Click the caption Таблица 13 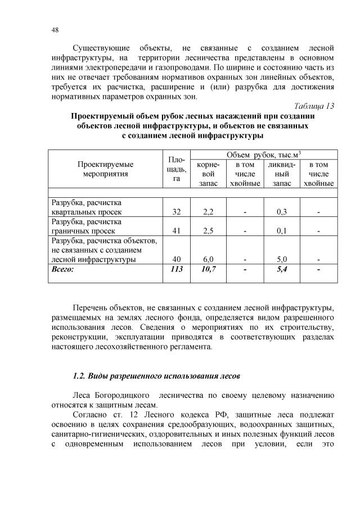(x=314, y=106)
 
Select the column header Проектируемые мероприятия (x=105, y=169)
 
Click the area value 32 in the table (x=176, y=212)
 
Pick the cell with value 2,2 (x=208, y=212)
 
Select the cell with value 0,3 (x=282, y=212)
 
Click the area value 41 (x=176, y=230)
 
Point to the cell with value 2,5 (x=208, y=230)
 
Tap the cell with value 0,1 (x=282, y=230)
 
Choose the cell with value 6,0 (x=208, y=259)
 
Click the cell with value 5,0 (x=282, y=259)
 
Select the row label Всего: (x=63, y=269)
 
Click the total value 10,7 (x=208, y=269)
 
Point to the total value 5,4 (x=282, y=269)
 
